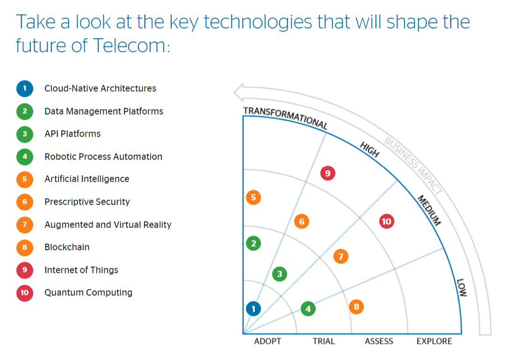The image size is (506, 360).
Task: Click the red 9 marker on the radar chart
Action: tap(328, 173)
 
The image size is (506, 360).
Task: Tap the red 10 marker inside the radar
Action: tap(386, 221)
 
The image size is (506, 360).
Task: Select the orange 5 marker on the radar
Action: tap(253, 197)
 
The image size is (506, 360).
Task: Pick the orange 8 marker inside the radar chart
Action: tap(356, 307)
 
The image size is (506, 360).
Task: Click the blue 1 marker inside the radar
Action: tap(253, 309)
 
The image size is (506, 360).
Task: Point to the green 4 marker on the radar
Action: tap(308, 309)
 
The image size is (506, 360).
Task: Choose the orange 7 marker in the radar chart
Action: tap(341, 256)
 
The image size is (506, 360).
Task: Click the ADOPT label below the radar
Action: tap(267, 341)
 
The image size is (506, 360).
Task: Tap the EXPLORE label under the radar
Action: tap(434, 341)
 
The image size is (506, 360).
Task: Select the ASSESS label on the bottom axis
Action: tap(379, 341)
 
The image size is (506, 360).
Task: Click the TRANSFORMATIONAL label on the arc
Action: tap(285, 117)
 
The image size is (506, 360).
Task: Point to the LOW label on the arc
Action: tap(462, 288)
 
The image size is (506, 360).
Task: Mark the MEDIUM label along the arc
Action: tap(429, 210)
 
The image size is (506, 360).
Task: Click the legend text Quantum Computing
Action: tap(88, 293)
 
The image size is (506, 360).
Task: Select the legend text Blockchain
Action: tap(67, 247)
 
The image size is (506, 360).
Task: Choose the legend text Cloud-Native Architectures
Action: tap(100, 88)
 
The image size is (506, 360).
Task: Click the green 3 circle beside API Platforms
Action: tap(25, 134)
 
